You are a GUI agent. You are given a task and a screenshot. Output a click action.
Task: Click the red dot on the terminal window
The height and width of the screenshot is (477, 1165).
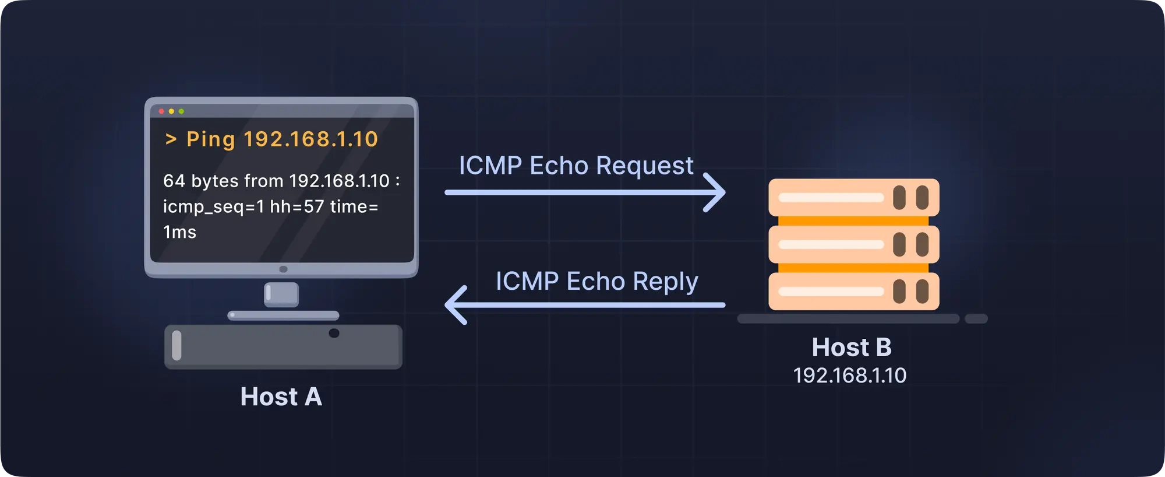161,111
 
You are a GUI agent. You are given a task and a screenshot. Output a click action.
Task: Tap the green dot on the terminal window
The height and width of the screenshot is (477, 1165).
181,111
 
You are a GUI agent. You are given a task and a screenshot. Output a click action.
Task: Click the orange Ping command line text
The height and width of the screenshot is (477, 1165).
271,139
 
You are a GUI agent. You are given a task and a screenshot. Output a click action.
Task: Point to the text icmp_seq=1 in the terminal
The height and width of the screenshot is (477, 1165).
213,207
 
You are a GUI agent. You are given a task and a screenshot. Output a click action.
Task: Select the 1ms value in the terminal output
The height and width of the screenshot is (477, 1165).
179,232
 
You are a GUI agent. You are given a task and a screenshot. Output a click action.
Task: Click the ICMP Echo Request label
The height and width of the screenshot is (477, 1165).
576,166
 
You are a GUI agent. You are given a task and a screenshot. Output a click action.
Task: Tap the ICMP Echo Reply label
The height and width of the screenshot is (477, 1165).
596,282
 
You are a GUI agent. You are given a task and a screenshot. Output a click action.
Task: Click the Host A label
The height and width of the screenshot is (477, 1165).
281,397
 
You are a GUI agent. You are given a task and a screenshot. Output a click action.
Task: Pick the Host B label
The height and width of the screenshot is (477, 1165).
852,347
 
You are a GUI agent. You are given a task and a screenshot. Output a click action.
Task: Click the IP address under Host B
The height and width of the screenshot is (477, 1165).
850,375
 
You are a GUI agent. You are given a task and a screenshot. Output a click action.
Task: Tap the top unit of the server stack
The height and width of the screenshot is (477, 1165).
853,197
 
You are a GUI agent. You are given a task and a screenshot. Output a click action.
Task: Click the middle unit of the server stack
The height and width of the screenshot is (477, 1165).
853,244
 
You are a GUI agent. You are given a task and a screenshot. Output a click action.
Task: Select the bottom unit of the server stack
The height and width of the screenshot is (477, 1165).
853,291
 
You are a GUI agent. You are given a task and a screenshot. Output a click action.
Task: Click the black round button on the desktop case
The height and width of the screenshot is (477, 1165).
334,333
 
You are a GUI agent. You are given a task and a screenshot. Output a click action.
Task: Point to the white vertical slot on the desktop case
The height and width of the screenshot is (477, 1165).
176,345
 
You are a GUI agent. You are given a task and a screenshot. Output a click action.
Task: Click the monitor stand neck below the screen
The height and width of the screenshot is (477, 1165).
281,294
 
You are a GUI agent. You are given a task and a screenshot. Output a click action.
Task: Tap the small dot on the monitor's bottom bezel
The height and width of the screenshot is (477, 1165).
283,269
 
